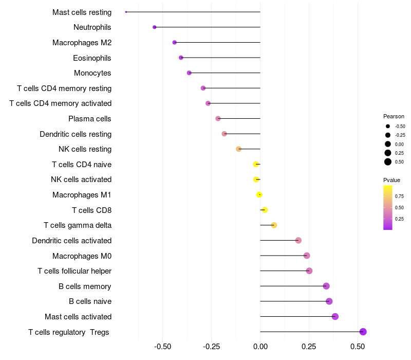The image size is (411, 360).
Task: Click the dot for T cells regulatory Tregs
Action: click(363, 332)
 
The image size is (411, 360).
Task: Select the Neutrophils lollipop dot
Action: click(155, 27)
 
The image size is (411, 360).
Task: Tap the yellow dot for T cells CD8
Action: click(265, 210)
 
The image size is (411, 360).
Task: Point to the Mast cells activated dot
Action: click(335, 316)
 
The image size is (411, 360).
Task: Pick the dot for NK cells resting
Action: click(238, 149)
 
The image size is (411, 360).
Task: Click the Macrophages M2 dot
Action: click(175, 42)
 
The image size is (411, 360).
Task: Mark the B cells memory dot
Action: click(326, 286)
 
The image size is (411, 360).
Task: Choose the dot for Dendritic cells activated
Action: click(298, 240)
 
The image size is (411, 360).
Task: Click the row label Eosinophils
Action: click(92, 58)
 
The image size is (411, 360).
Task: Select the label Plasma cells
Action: click(90, 119)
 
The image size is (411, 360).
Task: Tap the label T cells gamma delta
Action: click(78, 225)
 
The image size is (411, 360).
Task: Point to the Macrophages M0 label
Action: click(82, 256)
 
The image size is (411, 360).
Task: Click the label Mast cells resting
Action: click(82, 12)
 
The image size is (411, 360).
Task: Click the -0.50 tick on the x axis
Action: click(163, 347)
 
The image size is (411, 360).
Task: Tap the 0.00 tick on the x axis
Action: click(260, 347)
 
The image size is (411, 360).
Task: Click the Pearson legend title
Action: click(394, 116)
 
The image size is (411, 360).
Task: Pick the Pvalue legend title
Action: click(391, 180)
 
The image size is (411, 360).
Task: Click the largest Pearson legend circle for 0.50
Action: click(388, 162)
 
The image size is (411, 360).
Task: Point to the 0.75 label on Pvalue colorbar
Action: click(399, 196)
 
